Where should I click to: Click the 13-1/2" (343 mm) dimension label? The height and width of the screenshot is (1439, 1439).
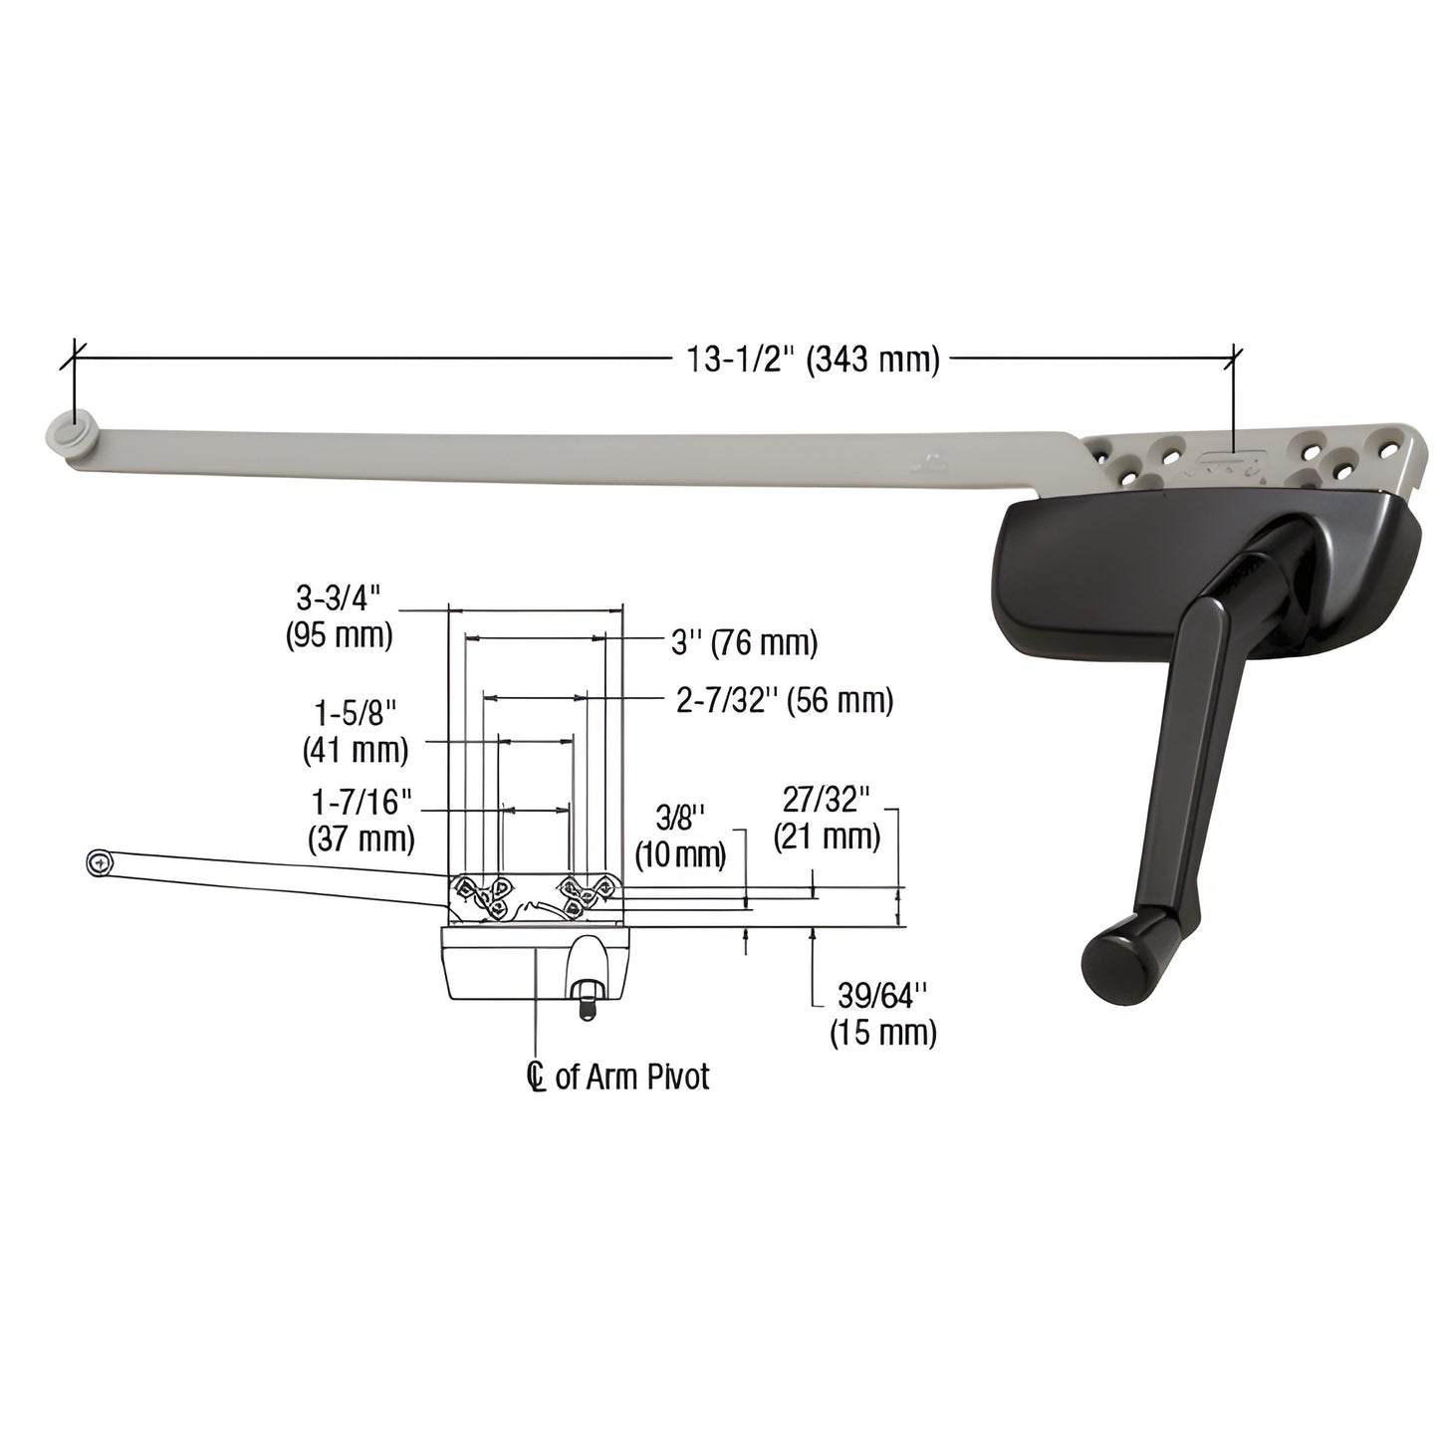tap(813, 360)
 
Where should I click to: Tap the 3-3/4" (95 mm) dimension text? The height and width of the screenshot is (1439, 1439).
tap(340, 617)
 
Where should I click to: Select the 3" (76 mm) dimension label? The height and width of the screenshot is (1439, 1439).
tap(744, 643)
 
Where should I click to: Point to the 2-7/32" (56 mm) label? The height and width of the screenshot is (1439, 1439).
tap(785, 701)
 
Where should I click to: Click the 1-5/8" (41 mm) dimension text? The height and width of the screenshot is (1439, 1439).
tap(356, 732)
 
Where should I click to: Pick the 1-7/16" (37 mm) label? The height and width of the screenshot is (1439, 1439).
tap(361, 821)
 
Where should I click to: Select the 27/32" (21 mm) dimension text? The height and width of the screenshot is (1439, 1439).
tap(826, 818)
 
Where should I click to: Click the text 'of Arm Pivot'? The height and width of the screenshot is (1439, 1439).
tap(632, 1077)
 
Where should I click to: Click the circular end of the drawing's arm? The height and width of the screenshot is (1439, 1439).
tap(99, 862)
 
